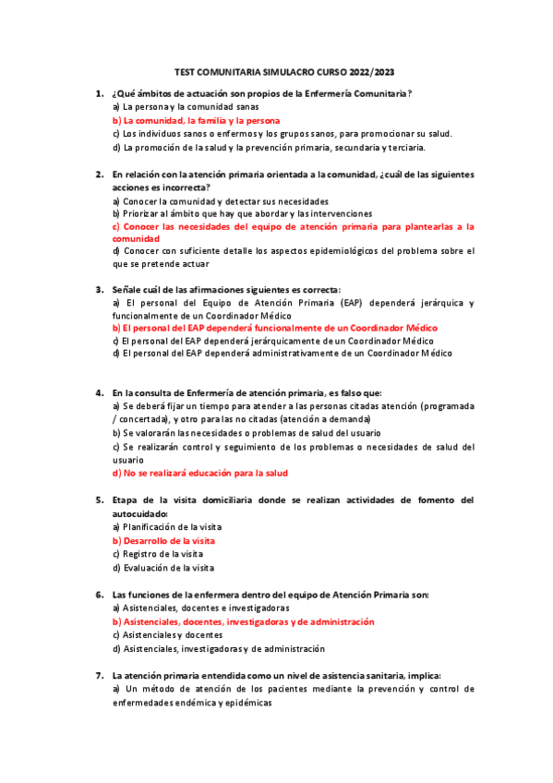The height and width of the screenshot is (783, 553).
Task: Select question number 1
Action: (99, 93)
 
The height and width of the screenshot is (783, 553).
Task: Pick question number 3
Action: (99, 288)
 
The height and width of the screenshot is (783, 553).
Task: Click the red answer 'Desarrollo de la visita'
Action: (167, 540)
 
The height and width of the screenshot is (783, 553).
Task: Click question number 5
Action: (99, 500)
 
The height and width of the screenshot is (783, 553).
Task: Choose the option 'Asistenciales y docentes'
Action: (167, 635)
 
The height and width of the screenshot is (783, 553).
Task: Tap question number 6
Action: (99, 595)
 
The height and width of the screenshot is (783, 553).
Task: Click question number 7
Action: (99, 675)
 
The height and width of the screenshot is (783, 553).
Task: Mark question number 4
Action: (99, 392)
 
